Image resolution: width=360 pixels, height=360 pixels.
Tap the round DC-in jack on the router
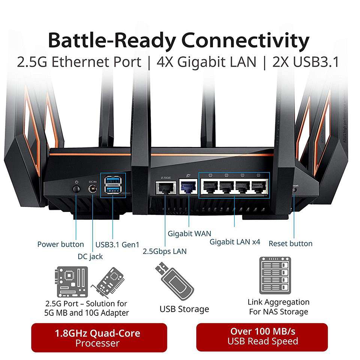click(92, 189)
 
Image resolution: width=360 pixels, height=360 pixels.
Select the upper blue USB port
click(112, 181)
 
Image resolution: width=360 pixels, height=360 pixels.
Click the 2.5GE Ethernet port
click(165, 187)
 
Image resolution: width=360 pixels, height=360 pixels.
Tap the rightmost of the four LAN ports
click(259, 186)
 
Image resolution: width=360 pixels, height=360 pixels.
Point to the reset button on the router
click(294, 190)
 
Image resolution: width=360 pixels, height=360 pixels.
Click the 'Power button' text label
click(61, 244)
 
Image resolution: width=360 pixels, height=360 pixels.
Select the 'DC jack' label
click(90, 256)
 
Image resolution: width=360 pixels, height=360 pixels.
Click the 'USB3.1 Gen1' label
click(118, 244)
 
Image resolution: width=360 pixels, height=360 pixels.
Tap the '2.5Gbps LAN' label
click(165, 251)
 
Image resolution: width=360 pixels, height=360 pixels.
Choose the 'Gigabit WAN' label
click(189, 234)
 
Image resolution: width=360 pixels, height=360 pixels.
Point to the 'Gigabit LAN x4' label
click(235, 242)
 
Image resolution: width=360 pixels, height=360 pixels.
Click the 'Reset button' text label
click(291, 244)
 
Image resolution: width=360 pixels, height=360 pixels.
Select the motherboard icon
click(71, 282)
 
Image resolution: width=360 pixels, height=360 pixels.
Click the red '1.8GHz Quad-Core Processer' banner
click(99, 337)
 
